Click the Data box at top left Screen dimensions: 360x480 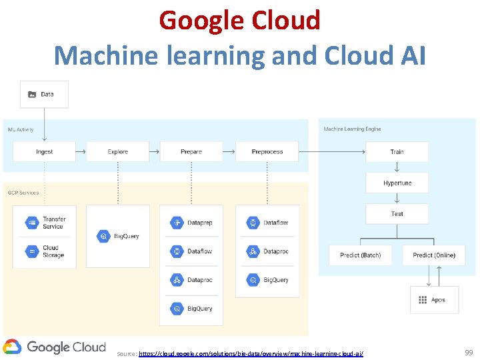[x=44, y=94]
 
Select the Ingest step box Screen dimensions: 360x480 [x=44, y=152]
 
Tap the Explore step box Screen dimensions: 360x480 [x=118, y=152]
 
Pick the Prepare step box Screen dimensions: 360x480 [x=191, y=152]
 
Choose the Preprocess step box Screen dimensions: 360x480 [x=267, y=152]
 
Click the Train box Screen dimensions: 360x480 [x=397, y=152]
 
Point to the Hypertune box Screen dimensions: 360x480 [x=397, y=183]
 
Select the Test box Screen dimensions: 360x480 [x=397, y=214]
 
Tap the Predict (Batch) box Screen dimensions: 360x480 [x=361, y=255]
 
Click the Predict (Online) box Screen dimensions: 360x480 [x=434, y=255]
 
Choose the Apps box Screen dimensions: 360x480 [x=434, y=300]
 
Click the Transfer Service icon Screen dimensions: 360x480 [x=31, y=223]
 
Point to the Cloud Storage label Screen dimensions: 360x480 [x=53, y=251]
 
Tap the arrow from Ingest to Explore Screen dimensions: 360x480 [x=81, y=152]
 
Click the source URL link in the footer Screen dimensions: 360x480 [x=251, y=353]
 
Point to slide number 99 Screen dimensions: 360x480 [x=468, y=351]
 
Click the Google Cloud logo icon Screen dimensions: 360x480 [x=12, y=347]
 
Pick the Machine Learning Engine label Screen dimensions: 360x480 [x=352, y=129]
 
